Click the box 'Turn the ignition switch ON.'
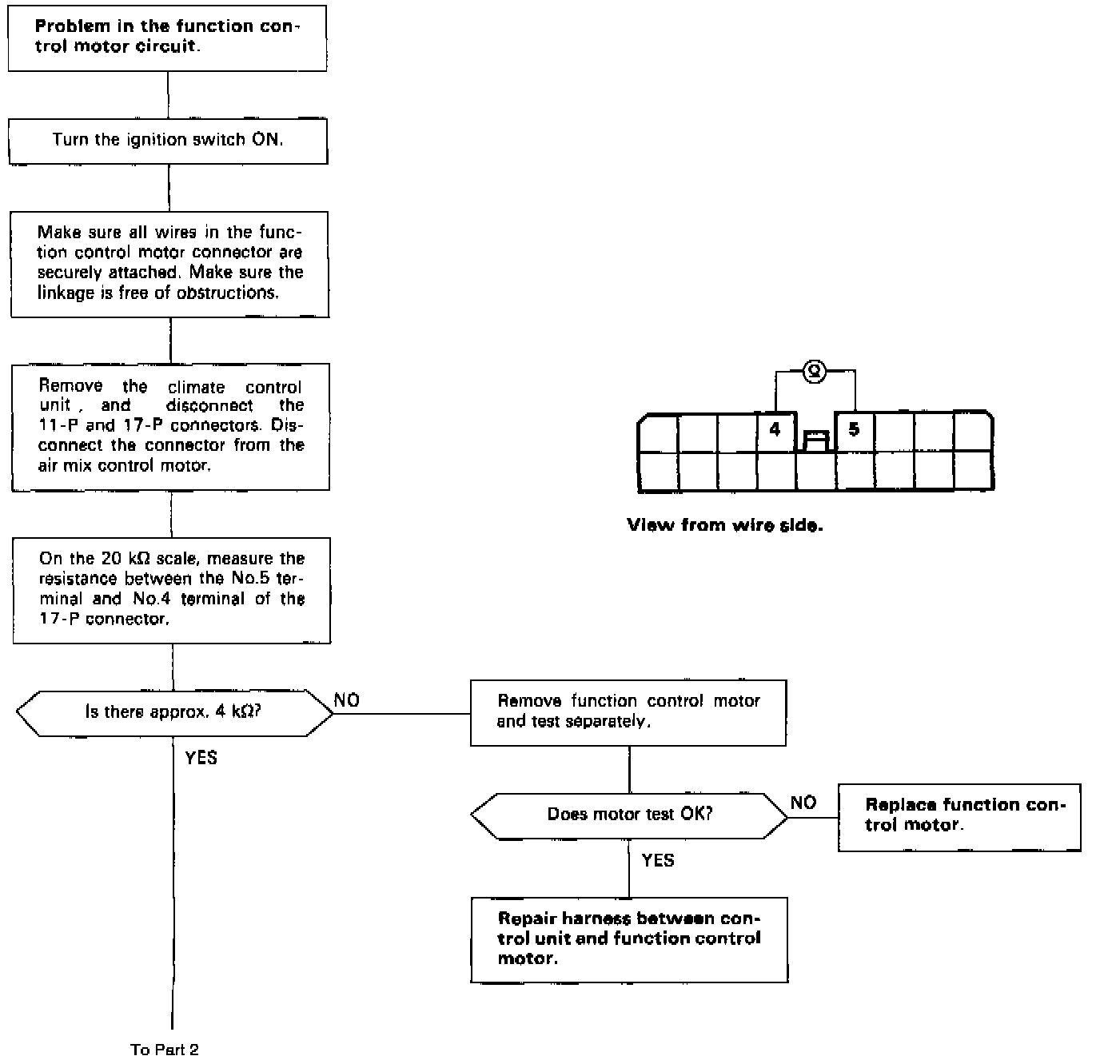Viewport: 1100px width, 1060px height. click(168, 141)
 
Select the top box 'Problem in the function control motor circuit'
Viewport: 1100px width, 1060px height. click(167, 37)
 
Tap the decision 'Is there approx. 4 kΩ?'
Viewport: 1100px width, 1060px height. click(173, 712)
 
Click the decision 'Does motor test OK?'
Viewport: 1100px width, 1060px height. click(629, 815)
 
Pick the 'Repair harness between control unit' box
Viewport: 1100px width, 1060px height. click(629, 939)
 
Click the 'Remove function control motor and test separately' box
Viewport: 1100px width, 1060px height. click(628, 711)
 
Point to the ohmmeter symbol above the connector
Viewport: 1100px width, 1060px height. click(814, 371)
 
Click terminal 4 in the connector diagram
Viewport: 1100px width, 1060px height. click(775, 430)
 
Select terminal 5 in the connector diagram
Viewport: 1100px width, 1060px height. click(854, 430)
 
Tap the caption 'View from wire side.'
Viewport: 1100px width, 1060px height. click(724, 525)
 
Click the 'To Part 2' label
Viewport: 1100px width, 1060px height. click(165, 1050)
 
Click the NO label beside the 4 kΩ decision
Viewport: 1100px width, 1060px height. click(347, 700)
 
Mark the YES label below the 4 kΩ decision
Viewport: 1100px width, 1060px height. click(201, 757)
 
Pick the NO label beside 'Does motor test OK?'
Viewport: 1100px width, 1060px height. click(803, 803)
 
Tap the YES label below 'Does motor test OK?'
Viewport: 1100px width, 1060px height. click(658, 860)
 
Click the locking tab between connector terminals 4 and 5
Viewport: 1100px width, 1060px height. click(815, 440)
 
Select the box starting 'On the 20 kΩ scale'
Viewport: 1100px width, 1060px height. click(172, 589)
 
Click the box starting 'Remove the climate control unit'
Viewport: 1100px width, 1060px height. click(171, 426)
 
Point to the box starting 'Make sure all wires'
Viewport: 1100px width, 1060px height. click(170, 263)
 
